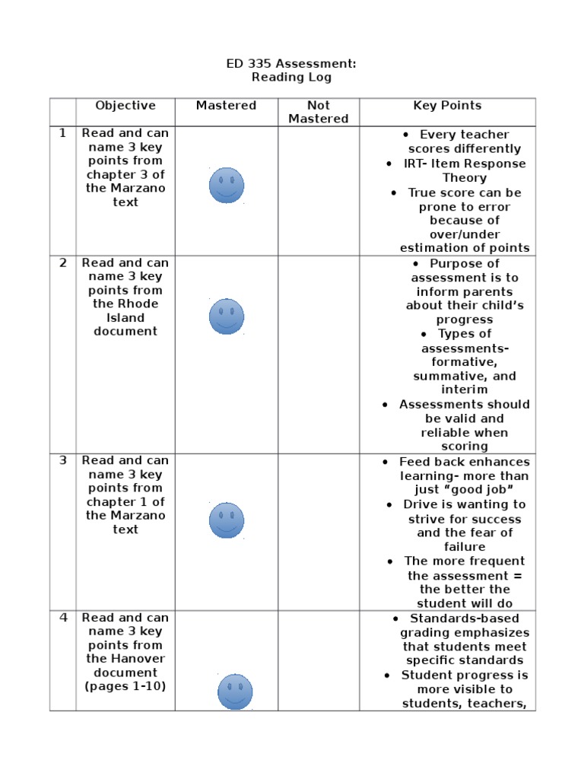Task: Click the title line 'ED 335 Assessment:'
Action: [x=291, y=64]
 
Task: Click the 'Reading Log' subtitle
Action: [x=291, y=78]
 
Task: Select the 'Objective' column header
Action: [x=125, y=106]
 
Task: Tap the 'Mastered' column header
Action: [x=226, y=106]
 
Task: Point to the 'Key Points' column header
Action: [x=447, y=106]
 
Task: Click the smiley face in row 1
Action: [x=227, y=186]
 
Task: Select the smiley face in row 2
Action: [x=227, y=316]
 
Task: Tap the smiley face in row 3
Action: [x=227, y=520]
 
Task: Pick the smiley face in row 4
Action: [x=235, y=692]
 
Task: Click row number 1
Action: [x=63, y=133]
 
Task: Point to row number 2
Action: [x=63, y=263]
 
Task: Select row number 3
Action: [x=63, y=460]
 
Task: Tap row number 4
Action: [x=63, y=618]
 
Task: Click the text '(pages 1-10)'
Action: [x=125, y=686]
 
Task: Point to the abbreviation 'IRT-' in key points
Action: [x=417, y=164]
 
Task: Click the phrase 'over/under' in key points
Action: [x=465, y=234]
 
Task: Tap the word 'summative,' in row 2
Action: [x=465, y=376]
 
